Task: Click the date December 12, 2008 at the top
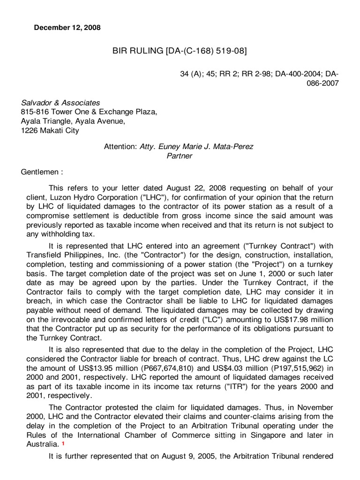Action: click(x=67, y=28)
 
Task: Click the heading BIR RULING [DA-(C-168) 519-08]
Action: click(x=180, y=51)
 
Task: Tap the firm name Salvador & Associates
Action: click(x=60, y=103)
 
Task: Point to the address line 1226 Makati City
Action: click(x=50, y=130)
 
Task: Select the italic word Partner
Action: click(x=180, y=156)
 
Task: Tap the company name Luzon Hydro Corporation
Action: click(x=80, y=197)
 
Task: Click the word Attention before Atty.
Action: click(x=120, y=147)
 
